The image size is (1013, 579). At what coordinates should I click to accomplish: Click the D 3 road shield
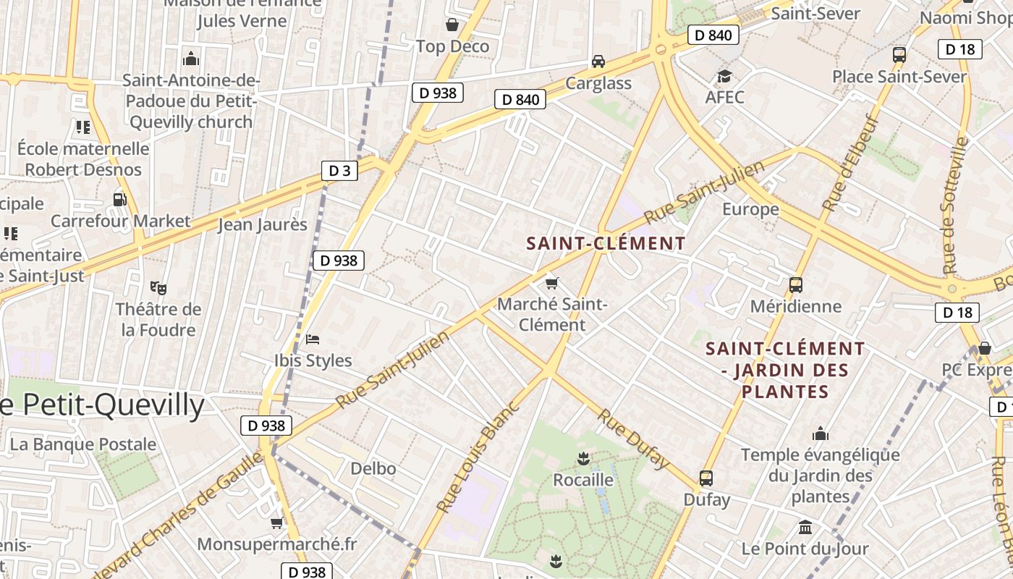339,171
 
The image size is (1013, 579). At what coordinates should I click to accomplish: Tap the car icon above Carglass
598,62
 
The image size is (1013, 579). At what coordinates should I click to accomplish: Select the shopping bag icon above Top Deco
452,25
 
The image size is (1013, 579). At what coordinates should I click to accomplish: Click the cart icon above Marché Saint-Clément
552,283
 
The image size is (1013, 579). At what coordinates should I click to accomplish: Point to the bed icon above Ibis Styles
313,339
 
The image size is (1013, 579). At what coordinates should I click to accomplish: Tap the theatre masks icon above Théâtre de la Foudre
158,288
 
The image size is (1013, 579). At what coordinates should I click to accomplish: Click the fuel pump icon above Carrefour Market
119,199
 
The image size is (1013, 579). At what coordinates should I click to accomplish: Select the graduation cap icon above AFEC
724,76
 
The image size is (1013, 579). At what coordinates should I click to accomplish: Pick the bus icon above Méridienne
796,285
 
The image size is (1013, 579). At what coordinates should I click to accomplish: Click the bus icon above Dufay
706,478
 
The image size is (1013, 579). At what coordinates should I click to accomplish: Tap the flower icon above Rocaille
582,458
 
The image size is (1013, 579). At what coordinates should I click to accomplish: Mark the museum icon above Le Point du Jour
805,528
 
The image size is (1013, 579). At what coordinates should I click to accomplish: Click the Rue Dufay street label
633,439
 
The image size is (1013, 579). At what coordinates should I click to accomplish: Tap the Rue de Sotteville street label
955,206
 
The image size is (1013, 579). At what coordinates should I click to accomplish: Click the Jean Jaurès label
263,225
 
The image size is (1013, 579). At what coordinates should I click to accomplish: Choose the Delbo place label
373,469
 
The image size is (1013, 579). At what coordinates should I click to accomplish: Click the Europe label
750,210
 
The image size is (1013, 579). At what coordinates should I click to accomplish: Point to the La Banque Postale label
83,444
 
